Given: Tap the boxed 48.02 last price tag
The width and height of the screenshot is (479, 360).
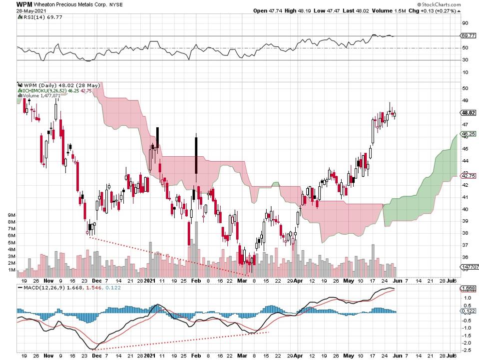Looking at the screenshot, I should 468,112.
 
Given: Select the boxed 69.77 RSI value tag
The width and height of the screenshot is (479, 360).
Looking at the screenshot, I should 468,36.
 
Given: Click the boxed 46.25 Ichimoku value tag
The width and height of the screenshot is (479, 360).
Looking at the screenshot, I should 468,134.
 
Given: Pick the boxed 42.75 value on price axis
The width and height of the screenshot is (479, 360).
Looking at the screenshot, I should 468,176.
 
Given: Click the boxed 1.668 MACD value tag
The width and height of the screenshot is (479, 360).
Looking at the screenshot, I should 468,288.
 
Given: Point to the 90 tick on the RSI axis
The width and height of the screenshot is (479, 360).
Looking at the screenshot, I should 465,23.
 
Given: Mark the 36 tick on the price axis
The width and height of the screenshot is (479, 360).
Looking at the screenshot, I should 465,257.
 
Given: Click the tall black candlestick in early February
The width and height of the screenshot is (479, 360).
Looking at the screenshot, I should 196,158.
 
